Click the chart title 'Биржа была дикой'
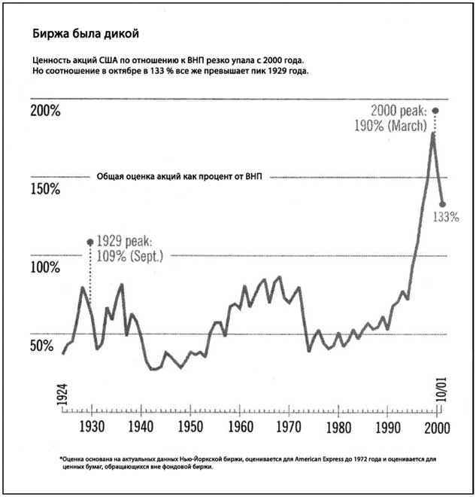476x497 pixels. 84,34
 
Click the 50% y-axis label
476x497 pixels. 41,346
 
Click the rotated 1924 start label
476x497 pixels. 62,395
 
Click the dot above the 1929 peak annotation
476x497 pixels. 90,242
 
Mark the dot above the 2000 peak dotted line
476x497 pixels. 435,111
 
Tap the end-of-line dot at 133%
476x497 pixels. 443,204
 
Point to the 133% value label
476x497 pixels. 446,218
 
